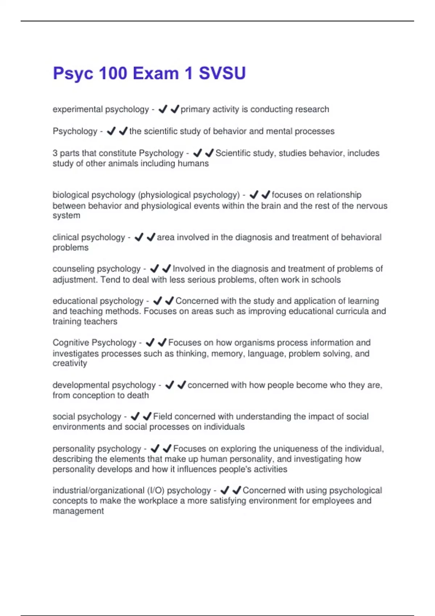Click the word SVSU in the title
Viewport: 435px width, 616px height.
[x=222, y=74]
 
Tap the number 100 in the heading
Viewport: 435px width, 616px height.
[x=113, y=74]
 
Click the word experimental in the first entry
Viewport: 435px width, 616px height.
[x=74, y=109]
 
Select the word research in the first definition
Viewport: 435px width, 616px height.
[x=311, y=109]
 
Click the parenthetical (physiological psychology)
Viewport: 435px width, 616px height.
[x=189, y=195]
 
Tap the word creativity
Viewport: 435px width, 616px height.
[x=70, y=363]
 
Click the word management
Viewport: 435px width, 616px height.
[x=78, y=511]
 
